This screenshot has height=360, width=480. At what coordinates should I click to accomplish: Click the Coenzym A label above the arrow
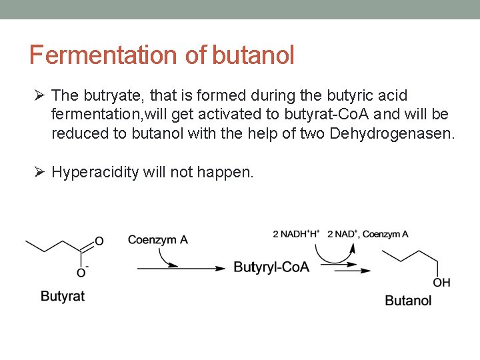point(157,239)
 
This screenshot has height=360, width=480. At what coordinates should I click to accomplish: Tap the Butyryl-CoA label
point(271,267)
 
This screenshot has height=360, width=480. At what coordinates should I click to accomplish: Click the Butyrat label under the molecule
point(63,296)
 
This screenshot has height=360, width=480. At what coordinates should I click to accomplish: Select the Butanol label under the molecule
point(408,301)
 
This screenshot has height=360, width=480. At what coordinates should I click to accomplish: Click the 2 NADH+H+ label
point(296,233)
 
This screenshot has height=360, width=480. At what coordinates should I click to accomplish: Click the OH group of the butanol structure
point(441,283)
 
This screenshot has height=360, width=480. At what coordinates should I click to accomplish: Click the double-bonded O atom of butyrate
point(99,241)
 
